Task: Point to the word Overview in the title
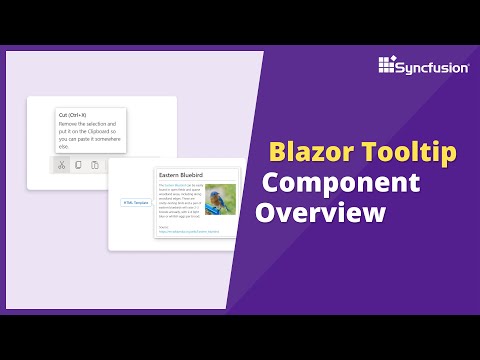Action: click(x=321, y=213)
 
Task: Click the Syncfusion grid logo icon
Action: click(x=389, y=66)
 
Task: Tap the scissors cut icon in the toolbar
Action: click(x=61, y=164)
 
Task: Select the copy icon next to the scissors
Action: click(x=78, y=164)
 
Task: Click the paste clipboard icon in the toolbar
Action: click(x=94, y=164)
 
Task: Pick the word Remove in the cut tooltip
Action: click(x=67, y=124)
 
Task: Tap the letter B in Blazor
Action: click(x=276, y=154)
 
